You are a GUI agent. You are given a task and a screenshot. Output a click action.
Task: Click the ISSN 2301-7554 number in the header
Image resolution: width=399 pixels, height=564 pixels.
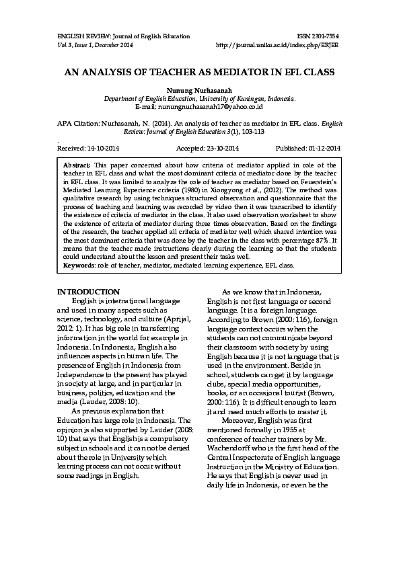coord(319,36)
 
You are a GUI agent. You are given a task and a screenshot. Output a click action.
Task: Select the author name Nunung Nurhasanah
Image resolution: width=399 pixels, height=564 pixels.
coord(198,89)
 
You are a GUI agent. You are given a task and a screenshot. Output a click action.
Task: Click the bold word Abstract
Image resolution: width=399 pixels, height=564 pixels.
coord(76,165)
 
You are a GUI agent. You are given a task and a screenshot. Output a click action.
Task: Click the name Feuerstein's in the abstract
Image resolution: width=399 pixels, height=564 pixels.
coord(312,182)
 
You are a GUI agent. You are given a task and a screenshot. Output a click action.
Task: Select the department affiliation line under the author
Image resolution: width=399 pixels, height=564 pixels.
coord(198,98)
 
